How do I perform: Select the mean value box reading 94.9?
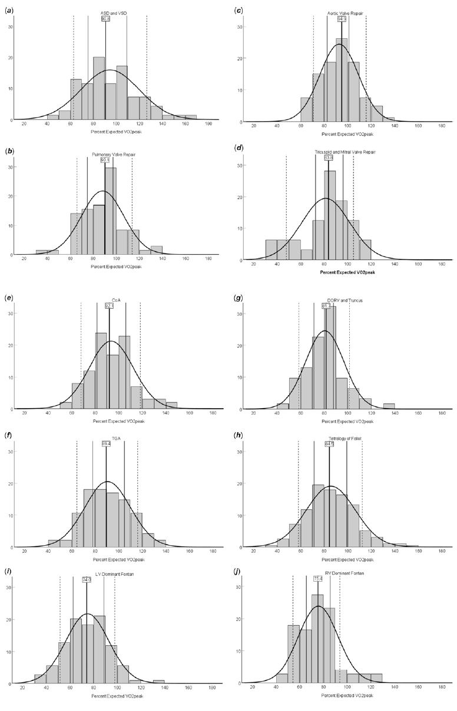coord(342,19)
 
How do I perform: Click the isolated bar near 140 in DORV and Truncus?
coord(389,406)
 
